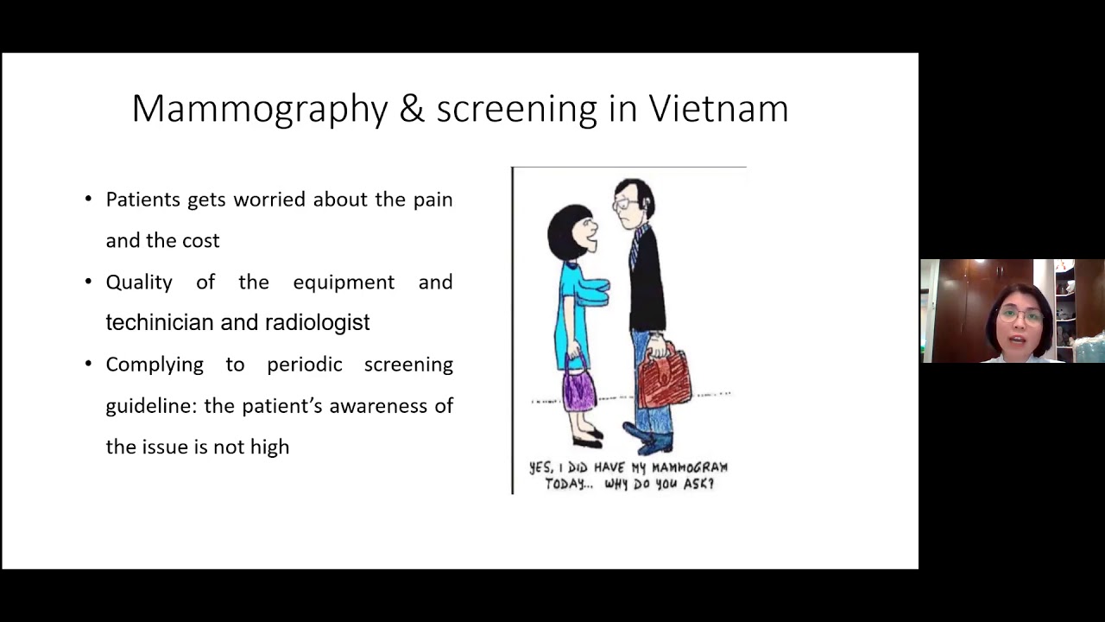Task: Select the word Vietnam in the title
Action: click(x=718, y=110)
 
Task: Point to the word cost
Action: click(x=200, y=240)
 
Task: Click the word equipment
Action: click(x=344, y=282)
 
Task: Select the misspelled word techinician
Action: click(x=159, y=322)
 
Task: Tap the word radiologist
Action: click(x=317, y=322)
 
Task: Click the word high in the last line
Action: click(x=269, y=447)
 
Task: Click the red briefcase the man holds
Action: click(x=665, y=378)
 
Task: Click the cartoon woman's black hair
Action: click(x=565, y=230)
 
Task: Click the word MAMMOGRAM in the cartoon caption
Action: click(x=690, y=467)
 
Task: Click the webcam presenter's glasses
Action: click(x=1020, y=316)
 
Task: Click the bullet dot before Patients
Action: click(x=88, y=200)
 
